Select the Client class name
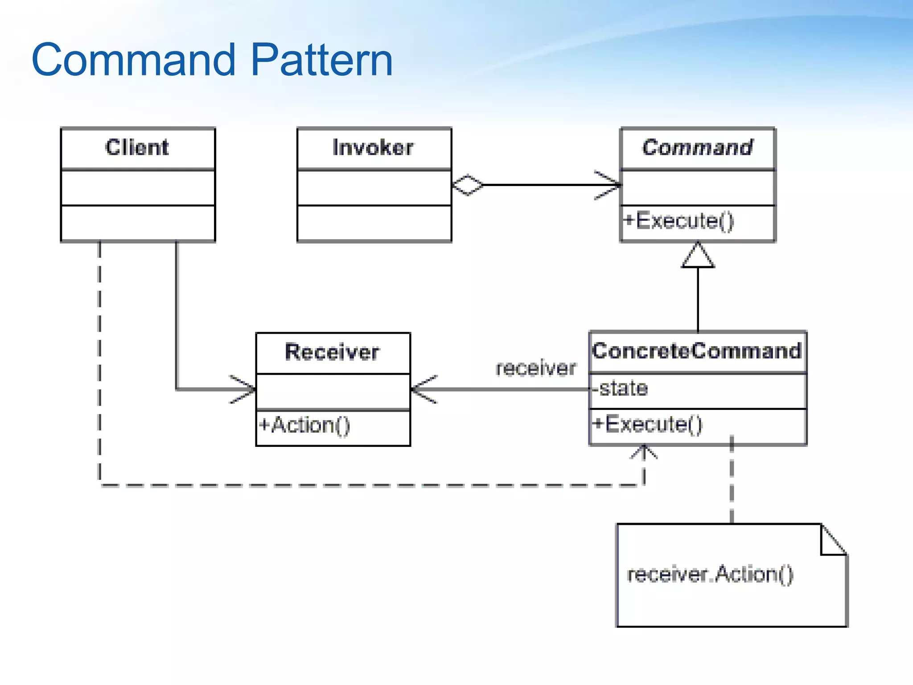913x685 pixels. coord(137,147)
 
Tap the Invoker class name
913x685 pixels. coord(373,147)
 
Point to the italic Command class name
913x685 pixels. coord(697,147)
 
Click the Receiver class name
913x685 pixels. coord(332,352)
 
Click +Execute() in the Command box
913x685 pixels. coord(679,221)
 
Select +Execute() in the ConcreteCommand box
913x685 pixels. coord(648,424)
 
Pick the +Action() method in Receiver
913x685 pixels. coord(304,425)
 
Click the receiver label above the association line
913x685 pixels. coord(536,368)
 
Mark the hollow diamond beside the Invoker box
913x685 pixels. coord(467,185)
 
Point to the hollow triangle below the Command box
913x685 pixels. coord(698,256)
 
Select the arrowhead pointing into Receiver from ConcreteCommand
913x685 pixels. coord(423,389)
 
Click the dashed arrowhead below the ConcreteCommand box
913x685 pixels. coord(644,451)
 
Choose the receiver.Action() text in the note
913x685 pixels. coord(710,574)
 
